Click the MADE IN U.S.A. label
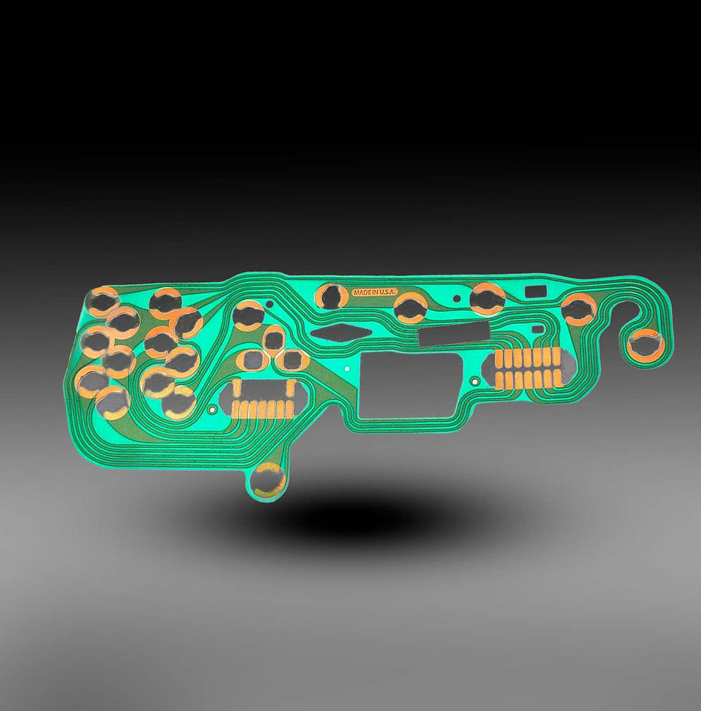375,293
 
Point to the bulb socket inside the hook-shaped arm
646,345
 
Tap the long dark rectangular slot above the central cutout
454,333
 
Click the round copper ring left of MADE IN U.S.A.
333,297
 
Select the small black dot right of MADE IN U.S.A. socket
457,298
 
